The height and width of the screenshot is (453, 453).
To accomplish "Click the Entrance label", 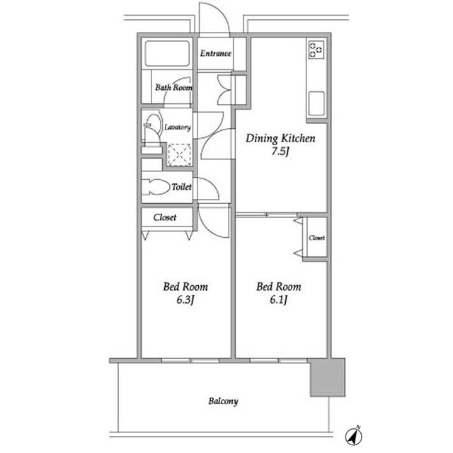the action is click(x=215, y=54).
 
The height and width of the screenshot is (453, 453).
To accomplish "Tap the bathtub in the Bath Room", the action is click(x=167, y=54).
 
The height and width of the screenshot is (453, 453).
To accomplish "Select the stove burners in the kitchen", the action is click(x=316, y=50).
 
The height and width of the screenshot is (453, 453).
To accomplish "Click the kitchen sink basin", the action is click(x=316, y=104).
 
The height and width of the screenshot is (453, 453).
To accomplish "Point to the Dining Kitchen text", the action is click(x=280, y=139).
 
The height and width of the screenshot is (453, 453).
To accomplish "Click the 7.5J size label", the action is click(x=280, y=151).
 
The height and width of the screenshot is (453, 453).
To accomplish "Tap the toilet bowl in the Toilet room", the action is click(x=156, y=187).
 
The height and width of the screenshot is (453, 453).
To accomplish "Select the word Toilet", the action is click(x=181, y=187).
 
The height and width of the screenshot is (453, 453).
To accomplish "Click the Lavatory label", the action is click(x=178, y=127).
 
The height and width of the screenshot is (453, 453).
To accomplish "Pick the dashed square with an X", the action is click(x=179, y=155).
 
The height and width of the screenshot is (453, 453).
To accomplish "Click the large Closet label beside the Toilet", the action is click(x=165, y=217).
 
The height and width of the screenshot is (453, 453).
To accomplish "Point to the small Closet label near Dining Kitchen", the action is click(x=316, y=238).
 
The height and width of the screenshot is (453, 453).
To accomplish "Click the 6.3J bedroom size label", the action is click(x=185, y=300).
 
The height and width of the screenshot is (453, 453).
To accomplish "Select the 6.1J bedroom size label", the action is click(x=278, y=300).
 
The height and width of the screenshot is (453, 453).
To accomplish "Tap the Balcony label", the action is click(x=224, y=401).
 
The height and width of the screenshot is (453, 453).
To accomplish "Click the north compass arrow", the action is click(x=354, y=435).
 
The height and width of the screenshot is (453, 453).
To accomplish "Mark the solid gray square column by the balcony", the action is click(x=328, y=377).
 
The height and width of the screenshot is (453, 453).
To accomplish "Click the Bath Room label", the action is click(x=173, y=87).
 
